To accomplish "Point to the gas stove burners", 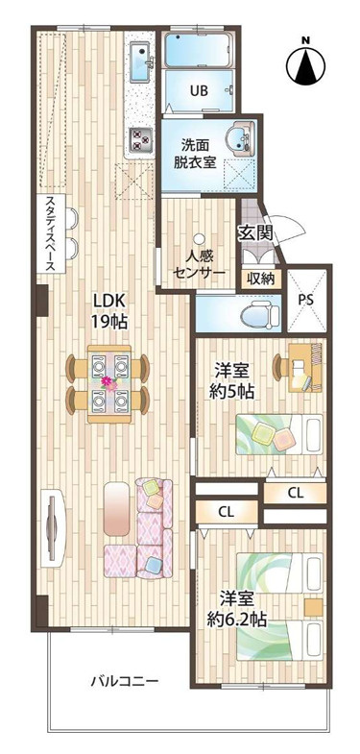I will [142, 140].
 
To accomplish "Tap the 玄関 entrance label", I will [255, 232].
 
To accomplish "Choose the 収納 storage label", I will [259, 279].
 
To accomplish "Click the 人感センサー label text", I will [199, 265].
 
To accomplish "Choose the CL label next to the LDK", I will [227, 512].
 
